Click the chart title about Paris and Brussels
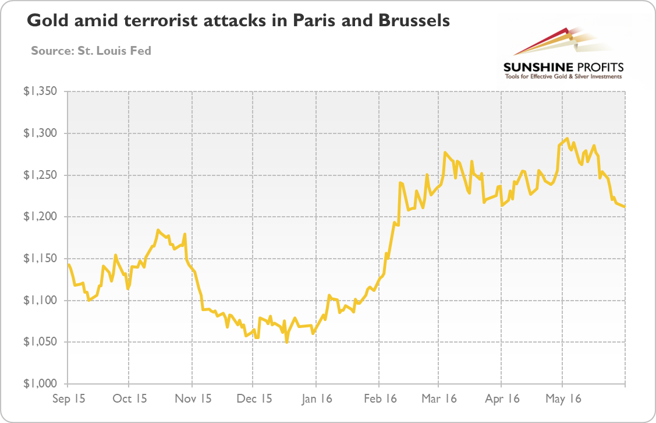[x=238, y=22]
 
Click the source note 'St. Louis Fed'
[x=91, y=51]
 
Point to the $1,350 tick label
[x=40, y=92]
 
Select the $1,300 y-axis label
[x=40, y=133]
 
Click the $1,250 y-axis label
[x=40, y=175]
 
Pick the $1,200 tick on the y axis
[x=40, y=217]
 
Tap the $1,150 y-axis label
[x=40, y=259]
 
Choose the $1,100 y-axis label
[x=40, y=301]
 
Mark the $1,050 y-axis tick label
[x=40, y=342]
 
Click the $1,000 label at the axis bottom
[x=40, y=384]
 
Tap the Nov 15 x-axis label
[x=192, y=399]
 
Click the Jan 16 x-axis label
[x=316, y=399]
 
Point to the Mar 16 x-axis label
[x=439, y=399]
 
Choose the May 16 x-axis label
[x=562, y=399]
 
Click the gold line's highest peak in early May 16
[x=567, y=138]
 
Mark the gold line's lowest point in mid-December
[x=287, y=342]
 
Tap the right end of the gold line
[x=625, y=207]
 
